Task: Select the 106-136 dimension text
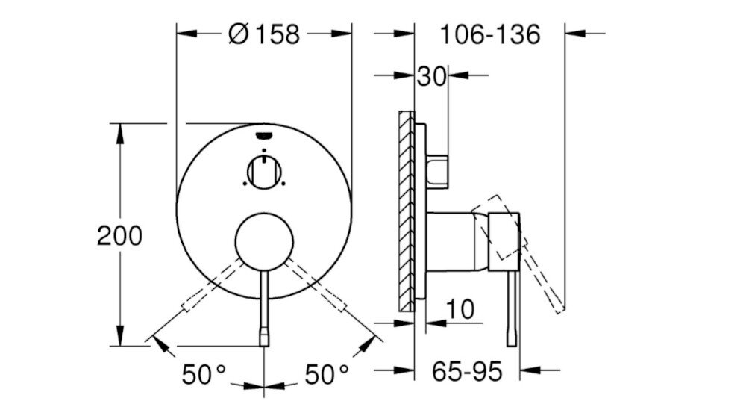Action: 489,34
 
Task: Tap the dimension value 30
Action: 431,75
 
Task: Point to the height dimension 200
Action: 119,236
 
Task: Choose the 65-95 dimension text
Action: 468,370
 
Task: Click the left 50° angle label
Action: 204,373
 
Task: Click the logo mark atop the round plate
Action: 264,135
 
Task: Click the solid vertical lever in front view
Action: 264,306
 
